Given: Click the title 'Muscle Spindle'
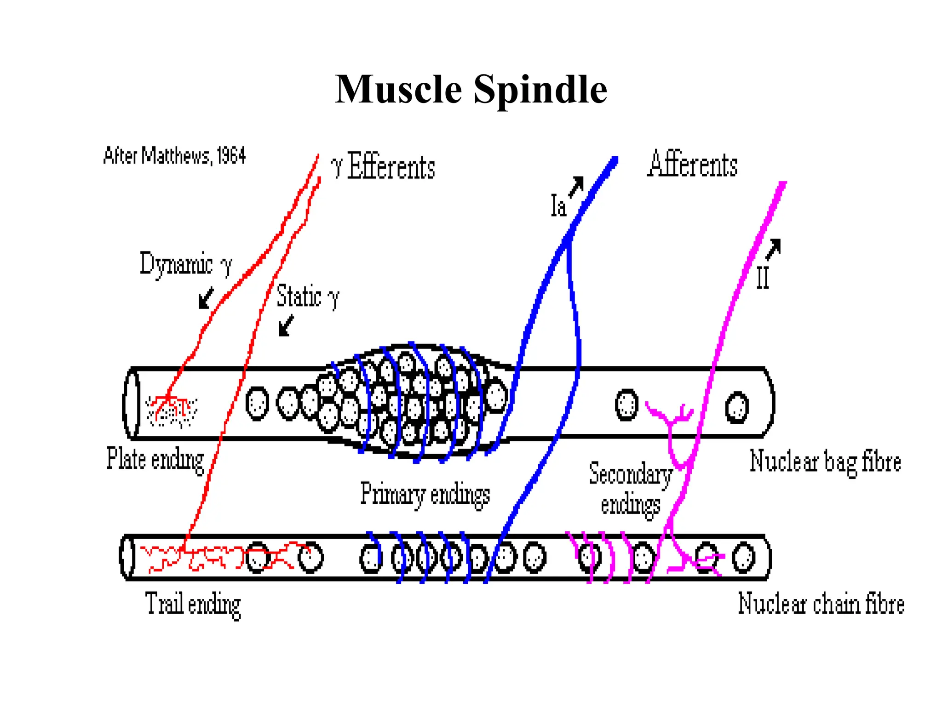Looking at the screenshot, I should pos(471,90).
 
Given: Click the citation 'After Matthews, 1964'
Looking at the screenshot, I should pos(175,156).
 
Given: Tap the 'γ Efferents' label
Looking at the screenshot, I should pos(383,166).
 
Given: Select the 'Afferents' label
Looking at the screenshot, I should pos(692,164).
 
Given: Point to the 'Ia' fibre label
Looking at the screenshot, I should pos(558,205).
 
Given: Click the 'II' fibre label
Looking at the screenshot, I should pos(763,278).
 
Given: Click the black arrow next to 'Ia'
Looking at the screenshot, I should pos(576,186).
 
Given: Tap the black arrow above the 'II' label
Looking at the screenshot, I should pos(774,249).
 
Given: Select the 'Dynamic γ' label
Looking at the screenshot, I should pos(186,264).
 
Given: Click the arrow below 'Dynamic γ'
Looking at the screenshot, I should pos(206,298).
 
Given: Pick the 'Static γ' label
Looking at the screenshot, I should pos(307,296).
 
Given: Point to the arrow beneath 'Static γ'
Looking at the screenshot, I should pos(286,325).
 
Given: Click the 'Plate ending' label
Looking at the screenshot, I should pos(155,459).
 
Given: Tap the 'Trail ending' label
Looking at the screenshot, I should pos(193,604).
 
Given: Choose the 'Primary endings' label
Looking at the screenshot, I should pos(425,495).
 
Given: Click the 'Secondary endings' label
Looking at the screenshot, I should pos(631,489).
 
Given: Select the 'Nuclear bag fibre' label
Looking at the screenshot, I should pos(825,462).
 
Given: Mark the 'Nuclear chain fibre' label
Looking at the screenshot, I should pos(821,604).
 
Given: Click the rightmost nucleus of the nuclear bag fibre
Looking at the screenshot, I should pos(736,407).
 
